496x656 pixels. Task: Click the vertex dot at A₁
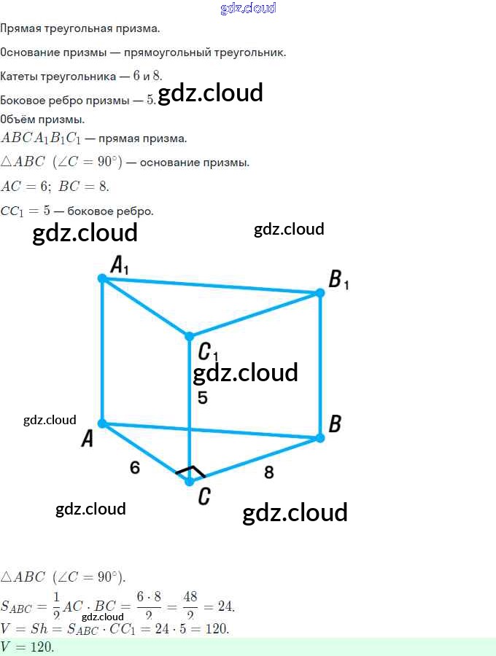click(x=102, y=278)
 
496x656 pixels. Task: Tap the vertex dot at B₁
click(x=319, y=293)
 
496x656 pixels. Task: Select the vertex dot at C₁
click(x=189, y=336)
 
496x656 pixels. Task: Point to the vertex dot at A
click(x=102, y=423)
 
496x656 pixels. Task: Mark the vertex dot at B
click(x=319, y=438)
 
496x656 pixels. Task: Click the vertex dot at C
click(x=190, y=481)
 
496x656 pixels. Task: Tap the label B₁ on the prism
click(x=338, y=280)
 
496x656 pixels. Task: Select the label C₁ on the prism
click(x=207, y=353)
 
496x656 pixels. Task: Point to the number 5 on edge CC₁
click(x=203, y=398)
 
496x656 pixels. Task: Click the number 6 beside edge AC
click(x=135, y=467)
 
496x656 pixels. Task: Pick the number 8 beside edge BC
click(x=268, y=472)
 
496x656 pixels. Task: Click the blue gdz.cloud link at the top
click(x=248, y=8)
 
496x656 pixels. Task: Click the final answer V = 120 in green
click(x=28, y=647)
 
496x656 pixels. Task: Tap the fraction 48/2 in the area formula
click(x=190, y=606)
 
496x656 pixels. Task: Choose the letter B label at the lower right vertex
click(x=335, y=423)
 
